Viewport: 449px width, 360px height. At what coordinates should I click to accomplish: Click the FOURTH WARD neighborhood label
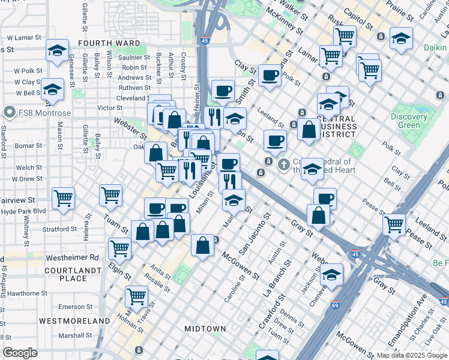pos(109,43)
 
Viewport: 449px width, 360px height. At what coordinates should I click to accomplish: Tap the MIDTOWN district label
pos(205,329)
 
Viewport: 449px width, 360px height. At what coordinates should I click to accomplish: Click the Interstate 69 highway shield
pos(335,304)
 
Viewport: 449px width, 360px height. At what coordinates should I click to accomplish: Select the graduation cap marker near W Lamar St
pos(56,50)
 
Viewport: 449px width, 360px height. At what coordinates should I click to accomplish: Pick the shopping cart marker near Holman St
pos(137,295)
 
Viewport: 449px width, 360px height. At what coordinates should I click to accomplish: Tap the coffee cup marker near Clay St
pos(270,76)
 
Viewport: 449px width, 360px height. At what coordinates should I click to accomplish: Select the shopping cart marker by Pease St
pos(394,224)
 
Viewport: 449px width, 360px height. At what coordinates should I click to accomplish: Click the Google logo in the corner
pos(20,353)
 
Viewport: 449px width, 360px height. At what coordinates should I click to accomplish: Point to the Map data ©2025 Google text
pos(411,355)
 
